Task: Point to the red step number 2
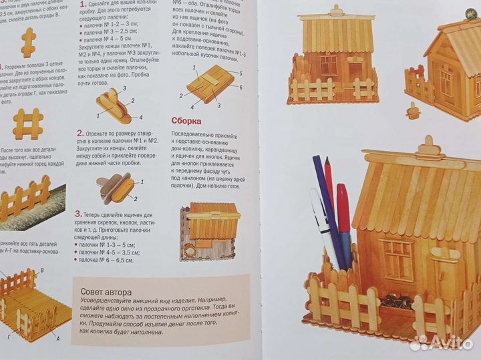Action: coord(79,133)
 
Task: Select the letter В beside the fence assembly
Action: coord(42,270)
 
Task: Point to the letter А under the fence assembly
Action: coord(57,339)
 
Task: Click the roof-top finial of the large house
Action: coord(428,146)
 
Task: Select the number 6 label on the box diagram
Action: coord(239,87)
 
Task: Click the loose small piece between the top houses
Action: coord(414,110)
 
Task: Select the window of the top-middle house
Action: coord(328,64)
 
